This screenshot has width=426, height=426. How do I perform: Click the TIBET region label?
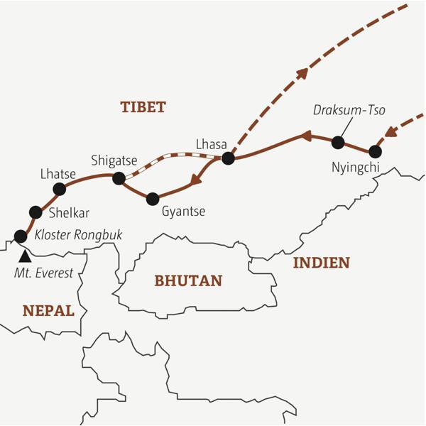pyautogui.click(x=143, y=107)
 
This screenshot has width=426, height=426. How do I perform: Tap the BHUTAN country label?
pyautogui.click(x=187, y=280)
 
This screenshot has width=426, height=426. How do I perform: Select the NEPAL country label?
pyautogui.click(x=48, y=310)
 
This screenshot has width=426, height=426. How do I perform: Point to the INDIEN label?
pyautogui.click(x=321, y=263)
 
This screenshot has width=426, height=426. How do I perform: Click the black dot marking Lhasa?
pyautogui.click(x=228, y=158)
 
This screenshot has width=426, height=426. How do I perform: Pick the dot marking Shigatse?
pyautogui.click(x=120, y=177)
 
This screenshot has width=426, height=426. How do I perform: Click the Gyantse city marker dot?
pyautogui.click(x=152, y=199)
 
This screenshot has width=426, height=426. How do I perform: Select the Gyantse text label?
pyautogui.click(x=183, y=212)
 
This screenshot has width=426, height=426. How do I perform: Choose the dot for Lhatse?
pyautogui.click(x=60, y=189)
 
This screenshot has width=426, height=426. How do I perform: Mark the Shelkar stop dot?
pyautogui.click(x=35, y=212)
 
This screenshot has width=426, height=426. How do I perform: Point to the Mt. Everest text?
pyautogui.click(x=45, y=273)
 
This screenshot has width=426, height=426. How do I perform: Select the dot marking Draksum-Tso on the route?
pyautogui.click(x=338, y=143)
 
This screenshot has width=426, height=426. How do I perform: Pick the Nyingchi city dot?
pyautogui.click(x=376, y=151)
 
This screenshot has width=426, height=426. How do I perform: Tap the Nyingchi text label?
pyautogui.click(x=356, y=168)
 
